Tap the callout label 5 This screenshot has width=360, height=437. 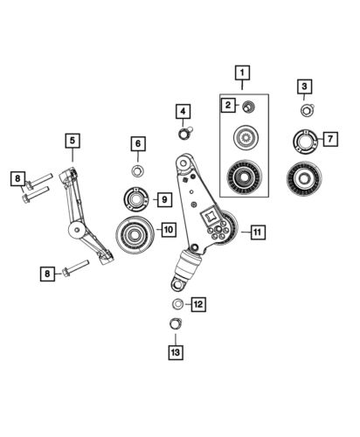point(71,139)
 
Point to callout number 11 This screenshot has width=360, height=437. point(258,232)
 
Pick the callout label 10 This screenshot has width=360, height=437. point(168,229)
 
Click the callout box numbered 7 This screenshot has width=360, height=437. point(329,138)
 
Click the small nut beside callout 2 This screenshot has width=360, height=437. point(247,107)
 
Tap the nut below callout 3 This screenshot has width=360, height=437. point(306,111)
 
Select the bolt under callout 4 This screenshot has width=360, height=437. point(186,133)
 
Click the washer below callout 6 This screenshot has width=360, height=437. point(137,169)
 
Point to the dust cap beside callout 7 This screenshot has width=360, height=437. point(303,139)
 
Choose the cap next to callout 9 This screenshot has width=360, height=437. point(136,199)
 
